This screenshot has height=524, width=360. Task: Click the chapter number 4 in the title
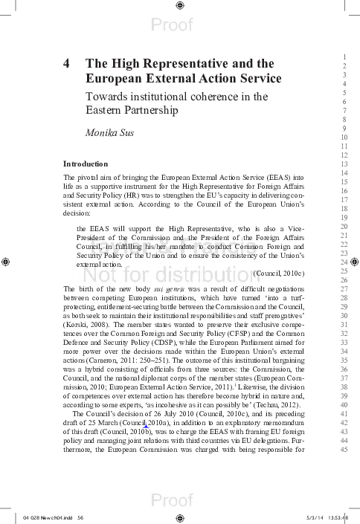click(x=67, y=64)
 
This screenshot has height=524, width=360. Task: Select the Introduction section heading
click(x=86, y=164)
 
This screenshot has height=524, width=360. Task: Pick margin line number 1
click(x=344, y=57)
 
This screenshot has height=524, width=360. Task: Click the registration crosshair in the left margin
click(x=6, y=262)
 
